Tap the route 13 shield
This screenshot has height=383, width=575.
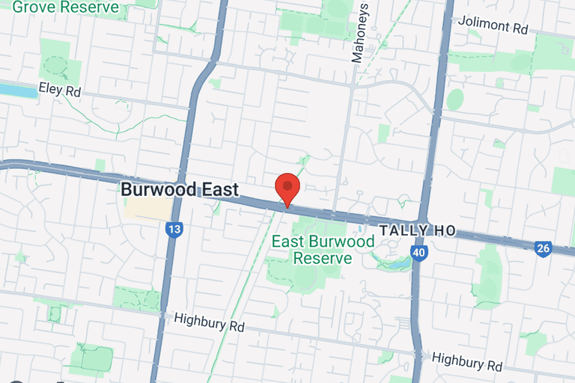click(174, 230)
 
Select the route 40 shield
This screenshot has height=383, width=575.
click(419, 254)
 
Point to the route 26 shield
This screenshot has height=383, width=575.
click(544, 248)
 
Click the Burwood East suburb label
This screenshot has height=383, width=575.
click(180, 189)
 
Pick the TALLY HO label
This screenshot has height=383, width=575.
click(417, 230)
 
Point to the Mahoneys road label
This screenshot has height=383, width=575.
click(362, 31)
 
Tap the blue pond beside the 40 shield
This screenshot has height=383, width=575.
click(397, 264)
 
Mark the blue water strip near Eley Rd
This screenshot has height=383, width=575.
click(17, 91)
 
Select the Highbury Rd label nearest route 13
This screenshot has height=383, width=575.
click(210, 322)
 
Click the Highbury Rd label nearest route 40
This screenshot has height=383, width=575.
click(467, 362)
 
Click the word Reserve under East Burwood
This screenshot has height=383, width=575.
click(322, 258)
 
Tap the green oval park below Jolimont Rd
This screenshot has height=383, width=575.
click(454, 99)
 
